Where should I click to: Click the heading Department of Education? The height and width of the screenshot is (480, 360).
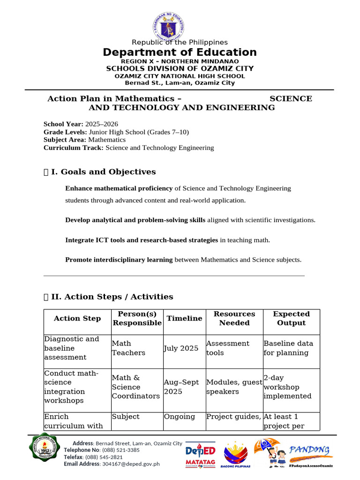coord(180,52)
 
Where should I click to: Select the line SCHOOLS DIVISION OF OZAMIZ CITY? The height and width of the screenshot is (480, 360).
coord(180,68)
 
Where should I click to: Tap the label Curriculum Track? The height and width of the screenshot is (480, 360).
coord(74,148)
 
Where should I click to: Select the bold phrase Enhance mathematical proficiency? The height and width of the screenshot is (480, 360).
coord(119,188)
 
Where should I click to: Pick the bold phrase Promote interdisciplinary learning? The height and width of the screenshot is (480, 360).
coord(119,259)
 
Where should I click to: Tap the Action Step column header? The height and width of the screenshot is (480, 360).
coord(77,319)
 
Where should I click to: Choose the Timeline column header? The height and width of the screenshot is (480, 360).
coord(184,319)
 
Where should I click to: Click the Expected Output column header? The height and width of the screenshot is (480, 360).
coord(291,319)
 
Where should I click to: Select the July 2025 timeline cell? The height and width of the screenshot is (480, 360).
coord(181,348)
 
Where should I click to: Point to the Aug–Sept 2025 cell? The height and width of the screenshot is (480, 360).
coord(181,387)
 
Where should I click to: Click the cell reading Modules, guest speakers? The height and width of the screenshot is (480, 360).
coord(234,387)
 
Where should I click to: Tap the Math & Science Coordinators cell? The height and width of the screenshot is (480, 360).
coord(135,387)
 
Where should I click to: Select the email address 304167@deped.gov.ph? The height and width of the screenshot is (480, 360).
coord(131,464)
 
